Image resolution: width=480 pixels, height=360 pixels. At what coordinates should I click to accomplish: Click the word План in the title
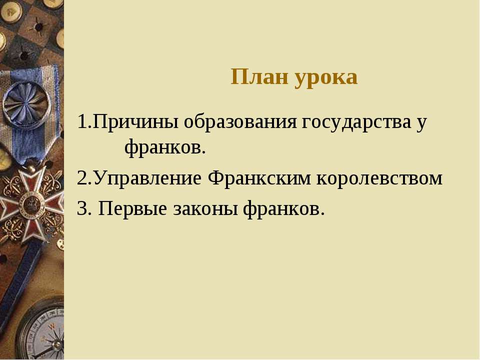[259, 76]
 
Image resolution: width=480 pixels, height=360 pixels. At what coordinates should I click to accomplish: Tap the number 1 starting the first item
[81, 121]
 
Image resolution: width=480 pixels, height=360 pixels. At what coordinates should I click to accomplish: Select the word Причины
[135, 122]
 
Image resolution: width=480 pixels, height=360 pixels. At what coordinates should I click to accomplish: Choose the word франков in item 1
[162, 147]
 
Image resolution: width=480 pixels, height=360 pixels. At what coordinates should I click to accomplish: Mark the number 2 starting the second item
[82, 178]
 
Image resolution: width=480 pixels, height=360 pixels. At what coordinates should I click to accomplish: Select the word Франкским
[259, 178]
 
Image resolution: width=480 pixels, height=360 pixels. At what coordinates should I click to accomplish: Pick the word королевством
[379, 179]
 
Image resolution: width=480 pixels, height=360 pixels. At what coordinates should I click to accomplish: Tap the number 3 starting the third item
[82, 208]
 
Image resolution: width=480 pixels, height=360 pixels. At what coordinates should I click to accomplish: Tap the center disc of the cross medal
[30, 203]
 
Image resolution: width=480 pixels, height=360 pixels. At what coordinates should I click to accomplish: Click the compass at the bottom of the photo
[41, 330]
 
